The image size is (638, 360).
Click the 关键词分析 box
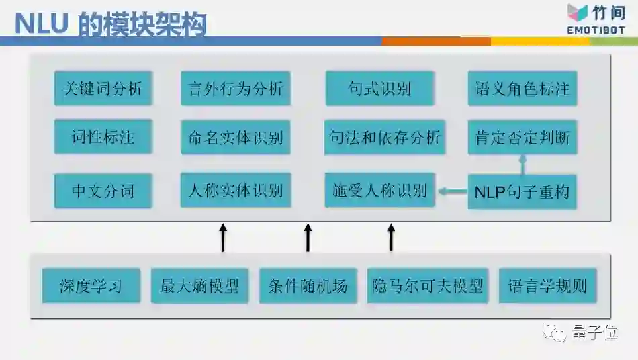(103, 89)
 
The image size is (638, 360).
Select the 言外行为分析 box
(236, 89)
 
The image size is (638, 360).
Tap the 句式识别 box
(379, 89)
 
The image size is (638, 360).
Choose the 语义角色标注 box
(522, 89)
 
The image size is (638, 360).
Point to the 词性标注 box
(103, 137)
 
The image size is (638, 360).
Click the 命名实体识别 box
(236, 138)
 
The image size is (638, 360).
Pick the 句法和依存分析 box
(385, 138)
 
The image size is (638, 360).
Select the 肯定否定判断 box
(522, 138)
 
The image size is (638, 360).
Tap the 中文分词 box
(103, 191)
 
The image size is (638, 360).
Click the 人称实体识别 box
(236, 190)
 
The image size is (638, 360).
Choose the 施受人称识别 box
(379, 190)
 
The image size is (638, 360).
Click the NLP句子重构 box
(522, 191)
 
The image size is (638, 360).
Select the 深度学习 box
(91, 286)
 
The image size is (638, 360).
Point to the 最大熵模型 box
(199, 286)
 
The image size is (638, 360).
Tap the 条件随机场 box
(308, 286)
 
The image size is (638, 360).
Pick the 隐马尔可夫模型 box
(428, 286)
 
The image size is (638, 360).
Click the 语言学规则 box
(548, 286)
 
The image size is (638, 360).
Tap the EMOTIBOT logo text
(596, 30)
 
